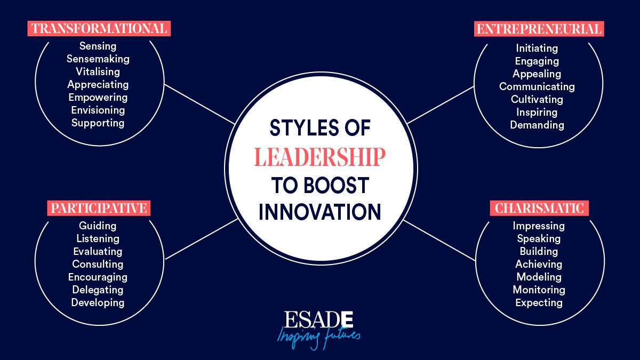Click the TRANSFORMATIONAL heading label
click(x=99, y=29)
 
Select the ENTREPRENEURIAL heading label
click(x=539, y=29)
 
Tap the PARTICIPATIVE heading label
click(x=99, y=208)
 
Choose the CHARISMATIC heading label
click(x=539, y=208)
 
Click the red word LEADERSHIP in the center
click(x=319, y=157)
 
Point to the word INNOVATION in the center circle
click(x=319, y=212)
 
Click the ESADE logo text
click(x=318, y=319)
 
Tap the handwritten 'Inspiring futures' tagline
click(x=318, y=338)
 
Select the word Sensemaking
click(x=98, y=59)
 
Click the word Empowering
click(x=98, y=98)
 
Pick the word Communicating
click(x=537, y=87)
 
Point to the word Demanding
click(x=537, y=125)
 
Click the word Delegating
click(x=98, y=290)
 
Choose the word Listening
click(x=98, y=238)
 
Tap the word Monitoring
click(x=539, y=290)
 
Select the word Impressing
click(x=539, y=226)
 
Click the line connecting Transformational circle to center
click(x=199, y=104)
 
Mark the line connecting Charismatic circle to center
click(x=439, y=241)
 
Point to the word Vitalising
click(x=98, y=71)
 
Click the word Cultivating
click(x=537, y=99)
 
